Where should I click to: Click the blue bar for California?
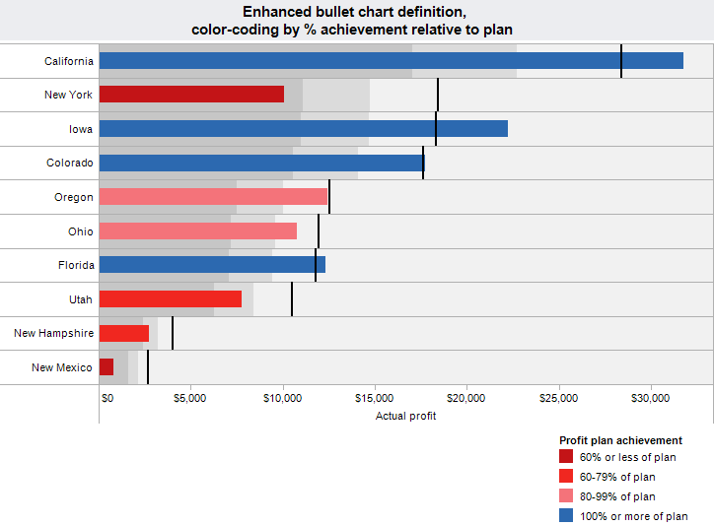click(391, 61)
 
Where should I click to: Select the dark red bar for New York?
click(191, 95)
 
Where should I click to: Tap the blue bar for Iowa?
click(304, 128)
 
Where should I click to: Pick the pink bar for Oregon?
click(213, 197)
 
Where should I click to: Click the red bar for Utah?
click(171, 299)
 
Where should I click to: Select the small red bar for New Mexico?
click(107, 367)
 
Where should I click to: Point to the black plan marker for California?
click(621, 61)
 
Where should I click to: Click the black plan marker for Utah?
click(292, 299)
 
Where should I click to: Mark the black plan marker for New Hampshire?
click(173, 333)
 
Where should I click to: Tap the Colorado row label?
click(69, 163)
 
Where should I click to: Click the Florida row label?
click(76, 265)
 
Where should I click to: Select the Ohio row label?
click(81, 230)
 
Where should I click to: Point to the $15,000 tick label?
click(374, 398)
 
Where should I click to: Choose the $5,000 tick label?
click(189, 398)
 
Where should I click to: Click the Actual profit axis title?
click(405, 416)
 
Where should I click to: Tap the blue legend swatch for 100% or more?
click(565, 516)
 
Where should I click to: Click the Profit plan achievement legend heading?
click(620, 440)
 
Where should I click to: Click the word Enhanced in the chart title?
click(275, 12)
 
